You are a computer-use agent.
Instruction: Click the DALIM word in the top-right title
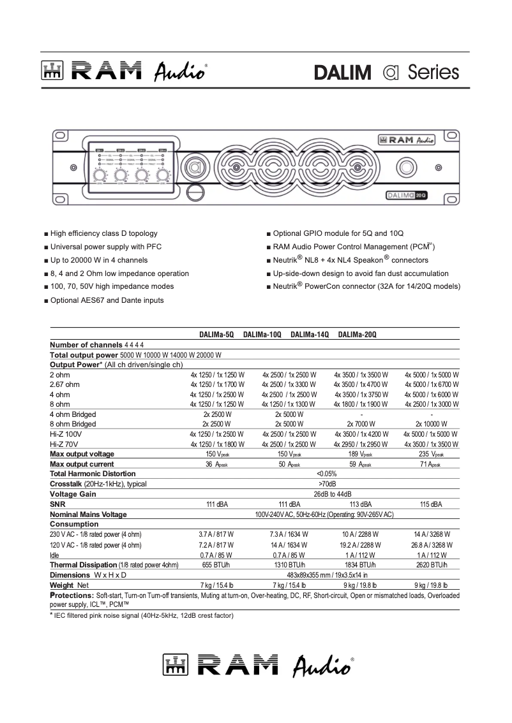[342, 72]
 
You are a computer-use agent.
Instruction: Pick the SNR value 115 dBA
[432, 504]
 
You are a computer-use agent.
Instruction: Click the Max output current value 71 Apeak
[432, 465]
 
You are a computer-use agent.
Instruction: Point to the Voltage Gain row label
[73, 494]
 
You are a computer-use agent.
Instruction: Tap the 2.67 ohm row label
[64, 384]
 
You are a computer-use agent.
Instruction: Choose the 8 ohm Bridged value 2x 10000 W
[432, 424]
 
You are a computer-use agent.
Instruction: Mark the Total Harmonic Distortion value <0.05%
[326, 474]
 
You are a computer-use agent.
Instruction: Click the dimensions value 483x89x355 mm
[326, 575]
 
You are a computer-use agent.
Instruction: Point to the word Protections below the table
[72, 595]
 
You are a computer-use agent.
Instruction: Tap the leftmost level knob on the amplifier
[100, 176]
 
